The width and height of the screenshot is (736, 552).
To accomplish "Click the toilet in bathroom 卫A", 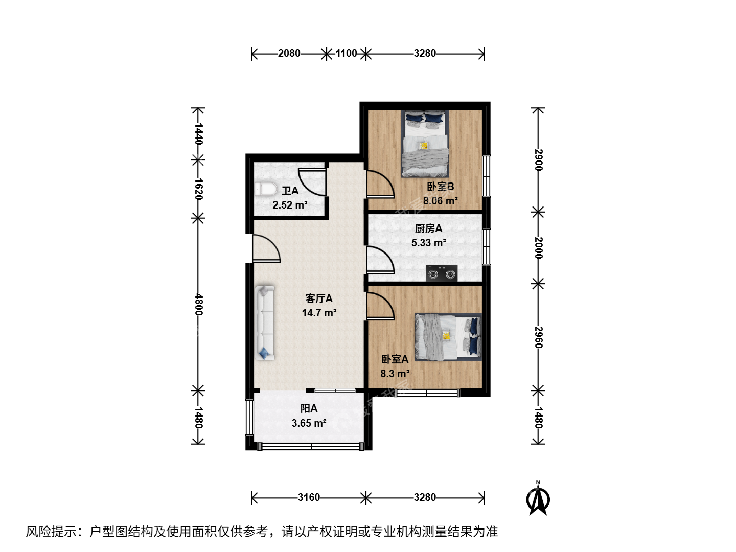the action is click(265, 189).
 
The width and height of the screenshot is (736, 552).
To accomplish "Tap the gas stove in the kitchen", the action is click(442, 273).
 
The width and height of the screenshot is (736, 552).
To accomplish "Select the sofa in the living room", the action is click(265, 323).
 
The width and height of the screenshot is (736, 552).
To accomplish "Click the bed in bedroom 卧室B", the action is click(425, 144).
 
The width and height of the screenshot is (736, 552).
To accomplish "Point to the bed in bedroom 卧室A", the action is click(448, 337).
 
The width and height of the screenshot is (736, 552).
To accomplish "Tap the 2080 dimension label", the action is click(289, 53).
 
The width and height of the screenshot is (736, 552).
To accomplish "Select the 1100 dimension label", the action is click(347, 53).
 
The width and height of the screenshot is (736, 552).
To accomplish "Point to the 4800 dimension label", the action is click(198, 305).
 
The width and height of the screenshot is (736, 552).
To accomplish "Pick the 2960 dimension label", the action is click(538, 337).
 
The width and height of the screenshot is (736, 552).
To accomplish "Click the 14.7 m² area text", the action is click(319, 313).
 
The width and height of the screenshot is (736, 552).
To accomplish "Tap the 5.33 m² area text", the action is click(428, 243).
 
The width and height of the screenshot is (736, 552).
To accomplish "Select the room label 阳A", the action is click(309, 408).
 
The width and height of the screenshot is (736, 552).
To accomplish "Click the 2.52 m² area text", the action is click(290, 205).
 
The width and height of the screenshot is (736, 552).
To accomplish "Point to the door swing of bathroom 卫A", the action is click(312, 182).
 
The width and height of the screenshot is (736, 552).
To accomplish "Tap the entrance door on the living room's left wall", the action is click(266, 248).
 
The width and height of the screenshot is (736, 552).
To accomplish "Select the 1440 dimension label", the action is click(198, 134).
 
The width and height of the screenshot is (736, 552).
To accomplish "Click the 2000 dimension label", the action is click(538, 248).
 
